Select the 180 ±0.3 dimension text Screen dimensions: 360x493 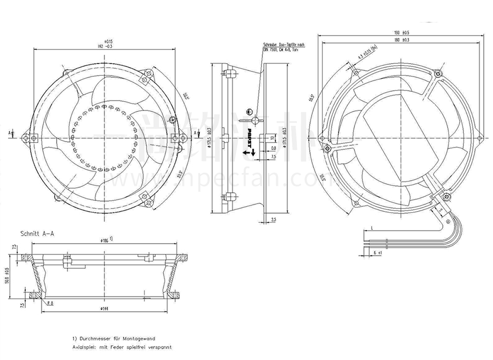click(x=402, y=39)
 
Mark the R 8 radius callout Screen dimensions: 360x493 click(x=50, y=304)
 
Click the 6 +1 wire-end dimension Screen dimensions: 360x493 click(x=378, y=252)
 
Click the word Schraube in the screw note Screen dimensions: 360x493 click(x=270, y=45)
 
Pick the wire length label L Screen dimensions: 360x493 click(x=372, y=227)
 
